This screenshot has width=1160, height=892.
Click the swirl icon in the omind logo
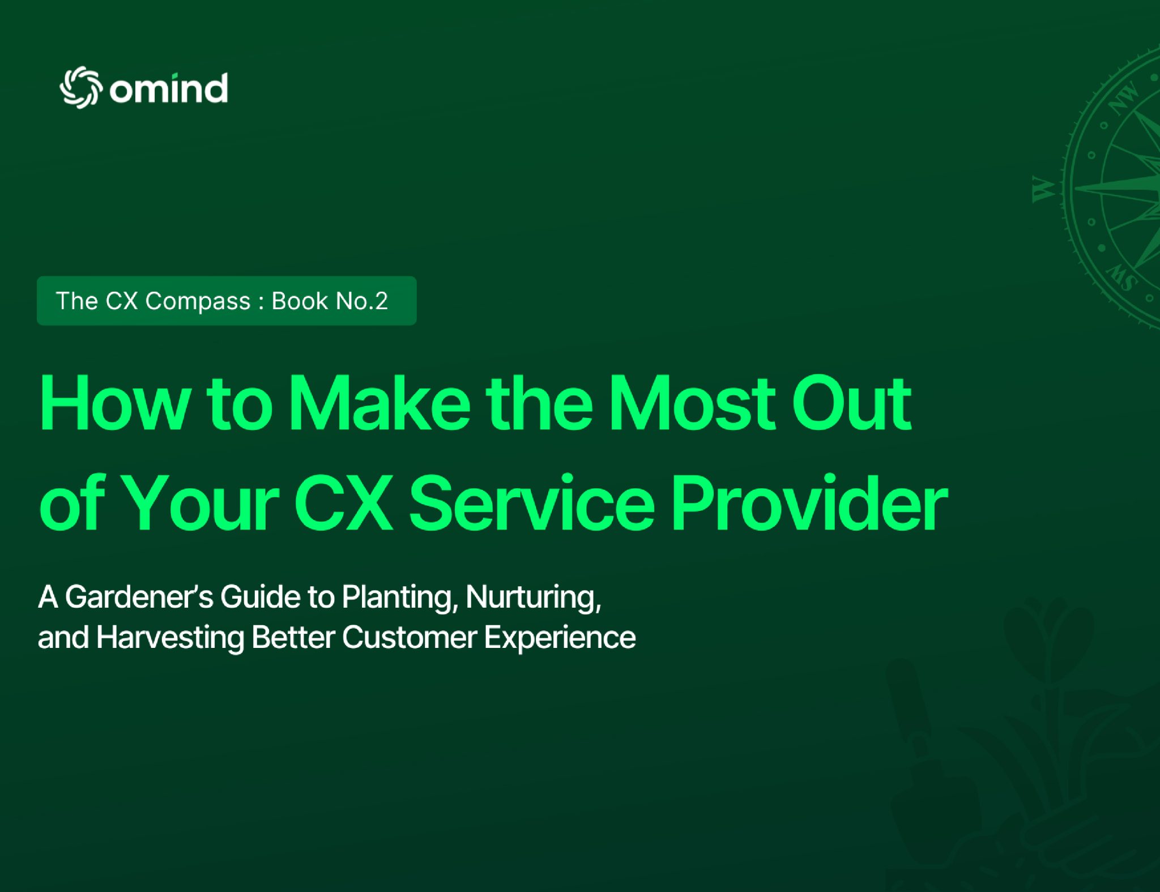click(x=81, y=87)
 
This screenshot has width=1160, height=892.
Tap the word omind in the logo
click(x=169, y=88)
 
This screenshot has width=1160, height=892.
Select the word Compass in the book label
click(x=198, y=302)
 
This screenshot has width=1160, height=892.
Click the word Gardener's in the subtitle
click(x=139, y=597)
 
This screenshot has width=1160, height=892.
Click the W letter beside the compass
click(x=1043, y=189)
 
